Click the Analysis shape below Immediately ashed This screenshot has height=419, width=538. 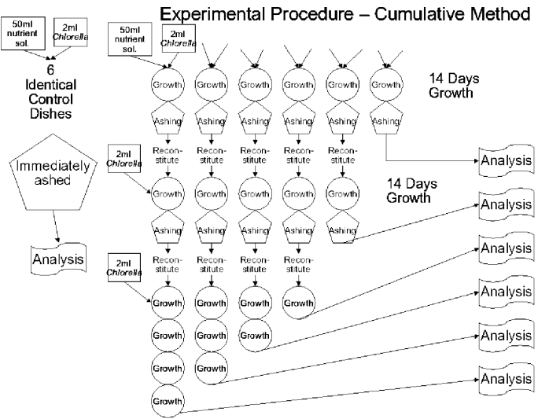[58, 258]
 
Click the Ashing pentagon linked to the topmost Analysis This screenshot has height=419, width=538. [385, 121]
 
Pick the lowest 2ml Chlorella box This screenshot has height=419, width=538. [123, 267]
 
